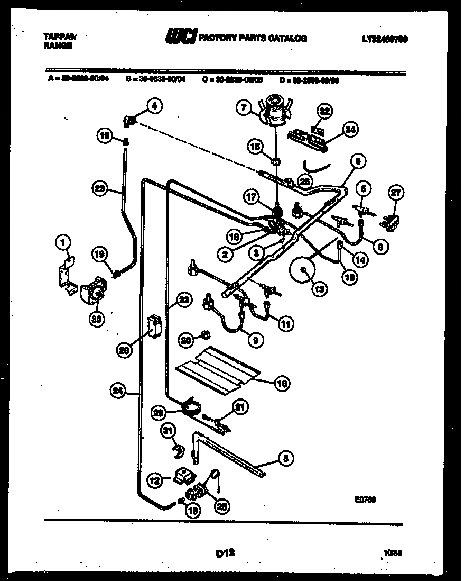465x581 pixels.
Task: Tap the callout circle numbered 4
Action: (x=154, y=106)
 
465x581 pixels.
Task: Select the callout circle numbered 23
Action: (x=99, y=186)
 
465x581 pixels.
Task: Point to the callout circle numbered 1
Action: (x=63, y=243)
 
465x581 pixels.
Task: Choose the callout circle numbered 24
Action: (x=118, y=391)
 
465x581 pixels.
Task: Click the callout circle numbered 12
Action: (x=154, y=480)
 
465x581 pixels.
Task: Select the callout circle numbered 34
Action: (x=348, y=128)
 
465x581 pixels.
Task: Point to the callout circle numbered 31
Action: (x=168, y=432)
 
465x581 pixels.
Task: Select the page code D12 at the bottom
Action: (x=225, y=553)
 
